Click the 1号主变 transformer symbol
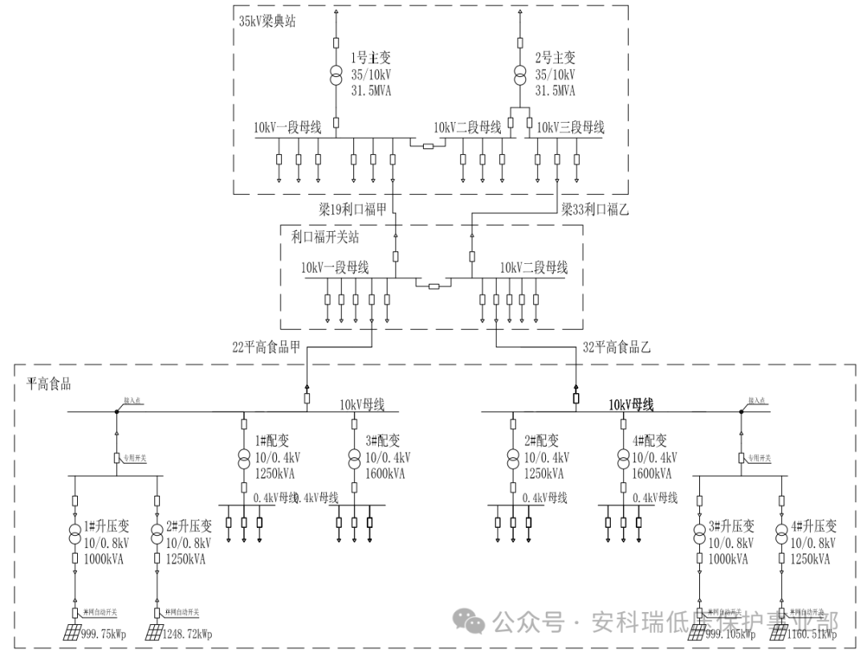coord(336,76)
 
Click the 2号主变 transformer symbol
coord(519,76)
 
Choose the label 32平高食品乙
coord(616,347)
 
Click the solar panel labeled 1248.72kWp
coord(154,633)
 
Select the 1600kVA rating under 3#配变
coord(385,473)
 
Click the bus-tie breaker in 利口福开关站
coord(433,286)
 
